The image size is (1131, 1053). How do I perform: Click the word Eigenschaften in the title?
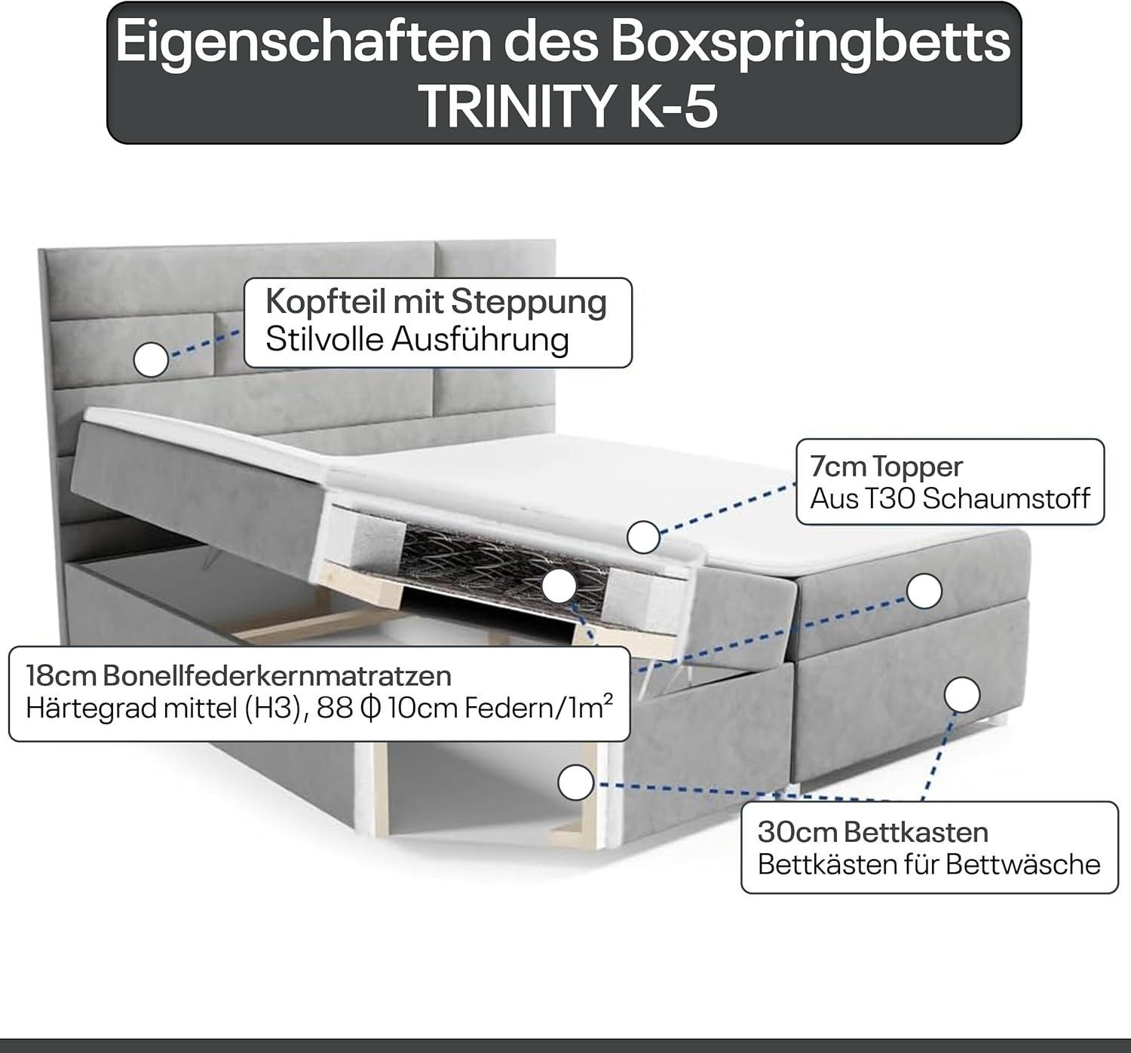click(x=302, y=44)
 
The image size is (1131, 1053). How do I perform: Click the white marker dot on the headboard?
click(x=151, y=360)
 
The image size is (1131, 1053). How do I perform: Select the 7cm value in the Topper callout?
click(x=837, y=467)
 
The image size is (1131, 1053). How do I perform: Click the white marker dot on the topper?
click(x=643, y=537)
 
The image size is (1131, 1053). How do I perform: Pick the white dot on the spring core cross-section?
click(x=559, y=586)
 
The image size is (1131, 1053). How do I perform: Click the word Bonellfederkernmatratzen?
click(x=277, y=676)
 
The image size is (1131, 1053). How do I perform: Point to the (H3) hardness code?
click(x=272, y=709)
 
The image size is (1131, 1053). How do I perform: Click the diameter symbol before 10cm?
click(x=371, y=709)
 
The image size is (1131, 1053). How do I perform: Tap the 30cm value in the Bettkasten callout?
click(x=796, y=833)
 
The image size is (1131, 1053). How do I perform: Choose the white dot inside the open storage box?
click(x=576, y=782)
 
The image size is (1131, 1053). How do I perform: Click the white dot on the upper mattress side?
click(x=924, y=590)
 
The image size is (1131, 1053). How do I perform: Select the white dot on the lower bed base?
click(x=962, y=695)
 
